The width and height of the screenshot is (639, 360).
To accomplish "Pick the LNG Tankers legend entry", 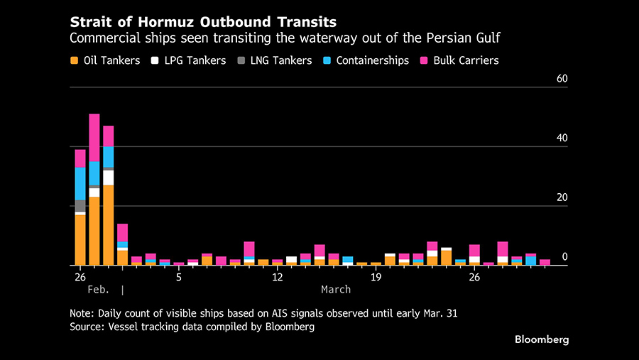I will pos(274,60).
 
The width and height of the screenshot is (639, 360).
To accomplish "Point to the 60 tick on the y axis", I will pos(562,79).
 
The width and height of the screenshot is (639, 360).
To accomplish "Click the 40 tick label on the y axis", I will pos(562,138).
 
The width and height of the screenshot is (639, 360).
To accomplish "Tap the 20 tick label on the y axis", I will pos(562,197).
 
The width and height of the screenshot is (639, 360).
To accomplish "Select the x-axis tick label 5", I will pos(179,277).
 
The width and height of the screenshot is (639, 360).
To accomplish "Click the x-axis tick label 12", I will pos(278,277).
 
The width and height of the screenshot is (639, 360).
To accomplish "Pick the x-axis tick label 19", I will pos(376,277).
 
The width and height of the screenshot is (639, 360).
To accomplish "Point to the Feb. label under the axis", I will pos(99,290).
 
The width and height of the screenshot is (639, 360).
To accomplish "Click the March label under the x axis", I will pos(336,290).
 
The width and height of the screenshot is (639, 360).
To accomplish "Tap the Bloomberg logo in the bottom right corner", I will pos(542,339).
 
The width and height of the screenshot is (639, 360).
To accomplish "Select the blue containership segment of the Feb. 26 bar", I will pos(80,183).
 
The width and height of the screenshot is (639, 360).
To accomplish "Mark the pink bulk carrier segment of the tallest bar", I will pos(94,138).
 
